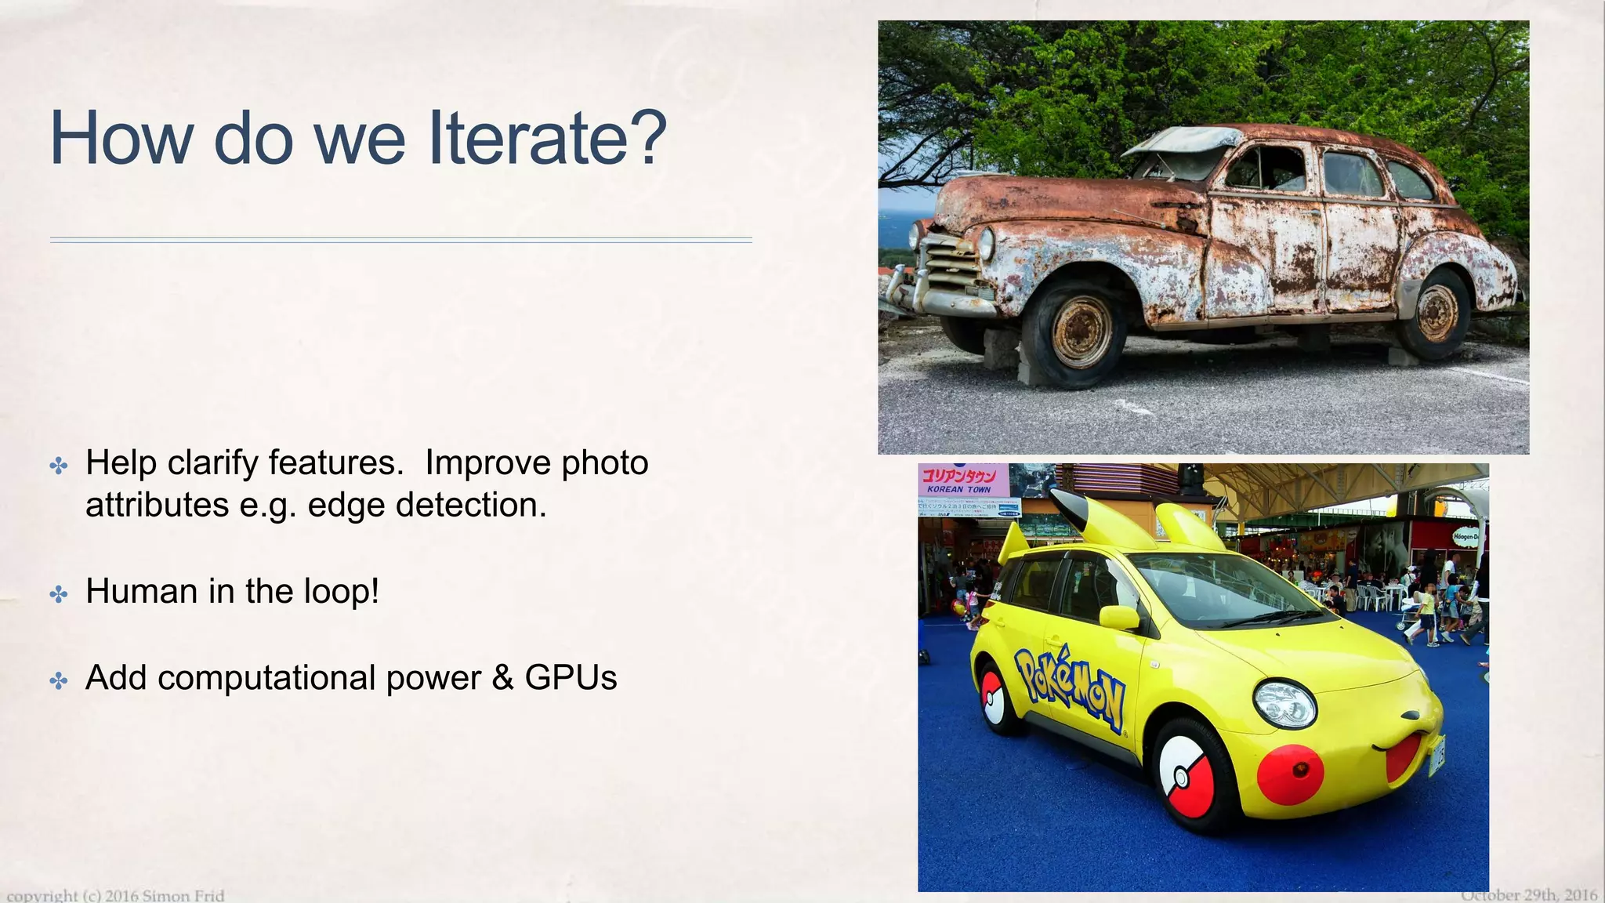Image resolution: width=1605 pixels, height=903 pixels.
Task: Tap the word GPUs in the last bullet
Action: click(571, 678)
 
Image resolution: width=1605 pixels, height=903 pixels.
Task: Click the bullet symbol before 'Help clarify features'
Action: click(59, 466)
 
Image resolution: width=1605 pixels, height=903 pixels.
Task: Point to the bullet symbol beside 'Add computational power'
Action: click(59, 680)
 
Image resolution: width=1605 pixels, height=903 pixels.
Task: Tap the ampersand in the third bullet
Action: click(502, 678)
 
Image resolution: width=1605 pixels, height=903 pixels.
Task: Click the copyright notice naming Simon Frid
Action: click(115, 895)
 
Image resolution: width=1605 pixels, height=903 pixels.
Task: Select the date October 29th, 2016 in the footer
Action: click(1528, 895)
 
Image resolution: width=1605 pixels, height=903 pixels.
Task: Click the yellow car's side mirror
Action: click(1120, 618)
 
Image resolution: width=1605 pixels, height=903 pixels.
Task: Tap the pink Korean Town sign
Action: click(962, 480)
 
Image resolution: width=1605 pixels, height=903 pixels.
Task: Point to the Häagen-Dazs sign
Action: click(1465, 537)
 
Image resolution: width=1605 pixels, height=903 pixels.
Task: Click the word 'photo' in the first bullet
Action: click(603, 463)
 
